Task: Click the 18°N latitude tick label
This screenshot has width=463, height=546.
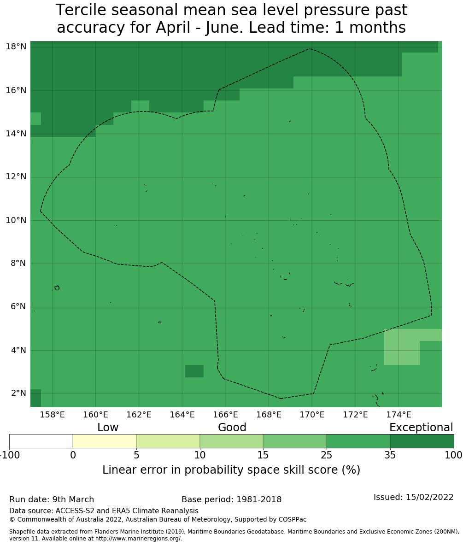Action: coord(16,47)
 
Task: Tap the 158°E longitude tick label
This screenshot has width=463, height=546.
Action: coord(52,415)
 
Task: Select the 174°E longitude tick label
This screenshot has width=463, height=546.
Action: coord(399,415)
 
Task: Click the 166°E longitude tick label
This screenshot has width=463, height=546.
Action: coord(225,415)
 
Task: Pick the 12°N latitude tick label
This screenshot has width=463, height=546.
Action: coord(16,177)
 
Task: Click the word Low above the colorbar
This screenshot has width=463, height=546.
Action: coord(108,428)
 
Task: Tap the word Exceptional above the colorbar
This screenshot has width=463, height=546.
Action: coord(421,428)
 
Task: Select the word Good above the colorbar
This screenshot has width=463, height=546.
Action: coord(232,428)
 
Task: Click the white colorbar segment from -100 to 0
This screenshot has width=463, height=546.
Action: coord(41,441)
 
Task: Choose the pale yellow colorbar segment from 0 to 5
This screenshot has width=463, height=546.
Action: coord(105,441)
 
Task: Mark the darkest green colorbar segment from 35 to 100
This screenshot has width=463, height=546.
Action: coord(422,441)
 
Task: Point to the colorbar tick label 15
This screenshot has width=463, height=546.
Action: coord(263,456)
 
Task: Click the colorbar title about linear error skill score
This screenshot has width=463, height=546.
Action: coord(231,470)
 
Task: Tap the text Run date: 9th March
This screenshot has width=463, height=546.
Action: coord(52,499)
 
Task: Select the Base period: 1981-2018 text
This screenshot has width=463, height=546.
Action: coord(231,499)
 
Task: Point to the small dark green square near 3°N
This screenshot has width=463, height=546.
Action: coord(194,371)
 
